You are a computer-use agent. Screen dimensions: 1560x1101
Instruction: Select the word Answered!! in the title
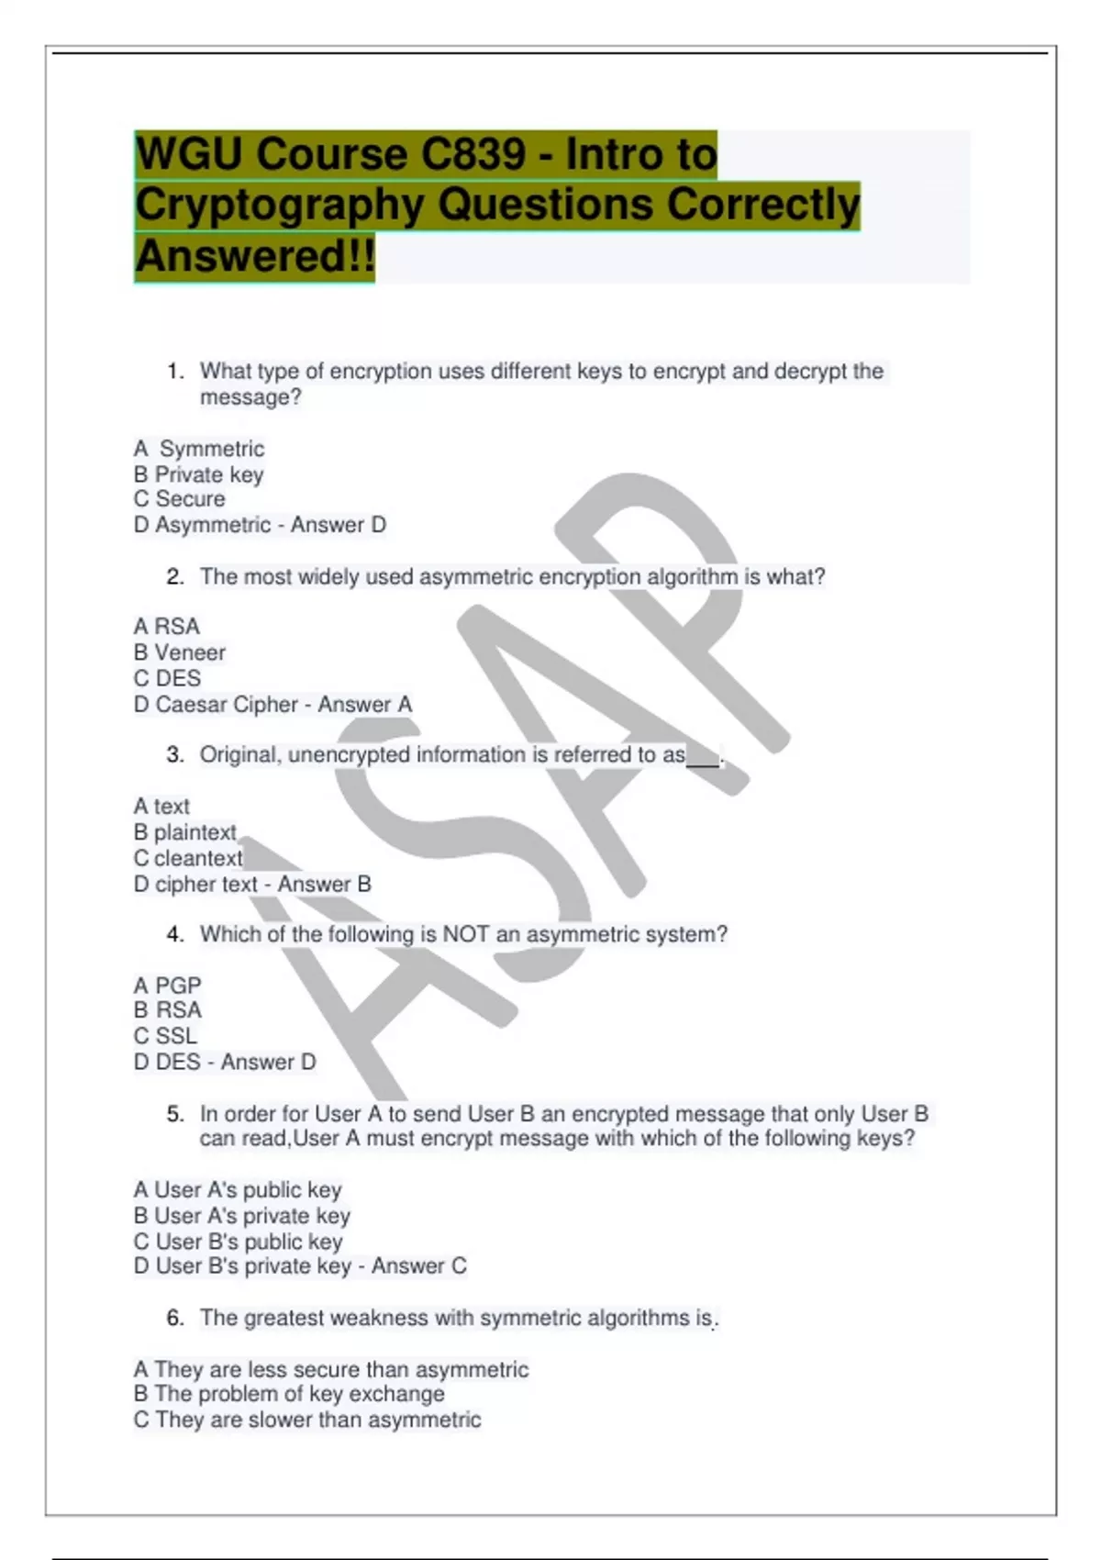click(255, 256)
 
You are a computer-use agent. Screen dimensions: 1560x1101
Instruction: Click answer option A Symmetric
click(199, 449)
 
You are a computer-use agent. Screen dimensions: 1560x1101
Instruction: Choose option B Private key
click(198, 474)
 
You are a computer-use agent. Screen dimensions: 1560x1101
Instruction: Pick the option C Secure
click(179, 499)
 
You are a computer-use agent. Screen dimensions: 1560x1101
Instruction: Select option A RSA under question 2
click(166, 627)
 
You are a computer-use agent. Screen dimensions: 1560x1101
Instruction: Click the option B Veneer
click(179, 652)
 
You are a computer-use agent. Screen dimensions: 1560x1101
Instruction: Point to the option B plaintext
click(184, 832)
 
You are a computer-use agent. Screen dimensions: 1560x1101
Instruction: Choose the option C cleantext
click(188, 858)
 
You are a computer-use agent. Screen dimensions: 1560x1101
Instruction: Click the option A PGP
click(167, 986)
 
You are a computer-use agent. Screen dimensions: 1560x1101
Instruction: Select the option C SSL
click(165, 1036)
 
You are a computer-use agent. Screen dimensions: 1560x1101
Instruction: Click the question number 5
click(175, 1114)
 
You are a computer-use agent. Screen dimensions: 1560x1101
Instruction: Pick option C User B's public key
click(238, 1242)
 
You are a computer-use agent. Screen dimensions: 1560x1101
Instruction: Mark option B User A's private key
click(241, 1216)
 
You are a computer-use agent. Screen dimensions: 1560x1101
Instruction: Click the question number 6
click(175, 1318)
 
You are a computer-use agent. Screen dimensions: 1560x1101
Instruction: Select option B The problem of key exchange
click(289, 1394)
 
